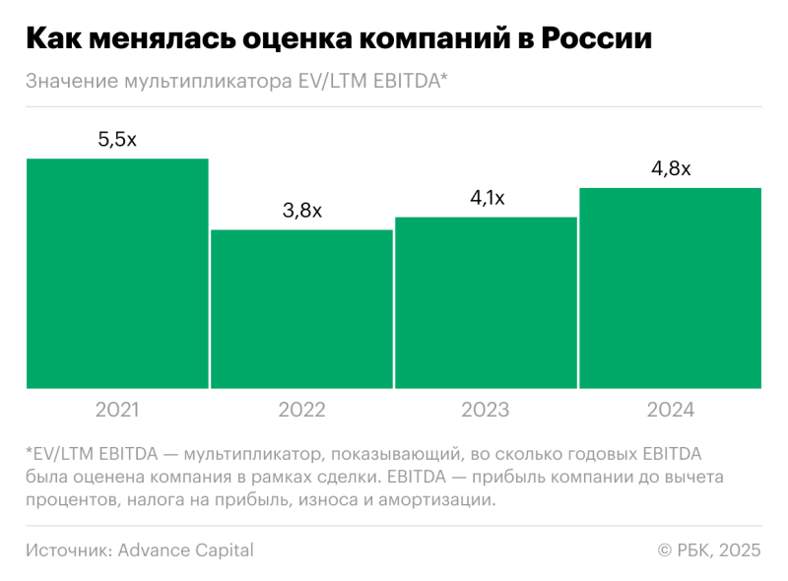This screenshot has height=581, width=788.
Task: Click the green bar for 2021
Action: click(x=117, y=273)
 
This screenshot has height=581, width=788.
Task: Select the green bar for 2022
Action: click(x=301, y=308)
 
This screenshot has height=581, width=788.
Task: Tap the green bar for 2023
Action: click(x=486, y=302)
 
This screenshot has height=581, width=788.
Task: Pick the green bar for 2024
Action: click(x=670, y=288)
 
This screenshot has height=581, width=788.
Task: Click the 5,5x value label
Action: click(x=117, y=140)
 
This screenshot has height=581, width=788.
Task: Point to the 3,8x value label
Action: click(x=301, y=211)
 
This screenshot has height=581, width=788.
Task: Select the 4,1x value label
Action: click(x=486, y=198)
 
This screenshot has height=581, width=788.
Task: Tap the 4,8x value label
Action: click(x=671, y=168)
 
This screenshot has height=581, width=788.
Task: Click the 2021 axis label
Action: click(x=117, y=410)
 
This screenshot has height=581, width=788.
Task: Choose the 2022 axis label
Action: click(x=301, y=410)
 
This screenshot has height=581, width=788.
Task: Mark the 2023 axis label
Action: click(x=486, y=410)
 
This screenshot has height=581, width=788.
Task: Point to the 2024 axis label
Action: click(x=671, y=410)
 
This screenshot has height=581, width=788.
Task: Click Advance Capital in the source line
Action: click(x=185, y=550)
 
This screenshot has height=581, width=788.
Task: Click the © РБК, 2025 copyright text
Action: click(x=709, y=550)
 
